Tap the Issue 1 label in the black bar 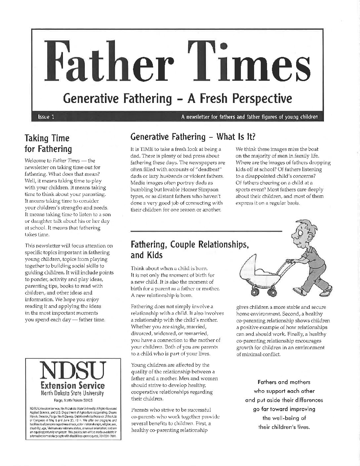point(46,117)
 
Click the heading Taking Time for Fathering point(48,143)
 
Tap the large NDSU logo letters point(72,371)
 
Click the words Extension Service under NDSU point(72,385)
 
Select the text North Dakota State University point(72,393)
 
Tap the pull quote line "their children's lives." point(284,427)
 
